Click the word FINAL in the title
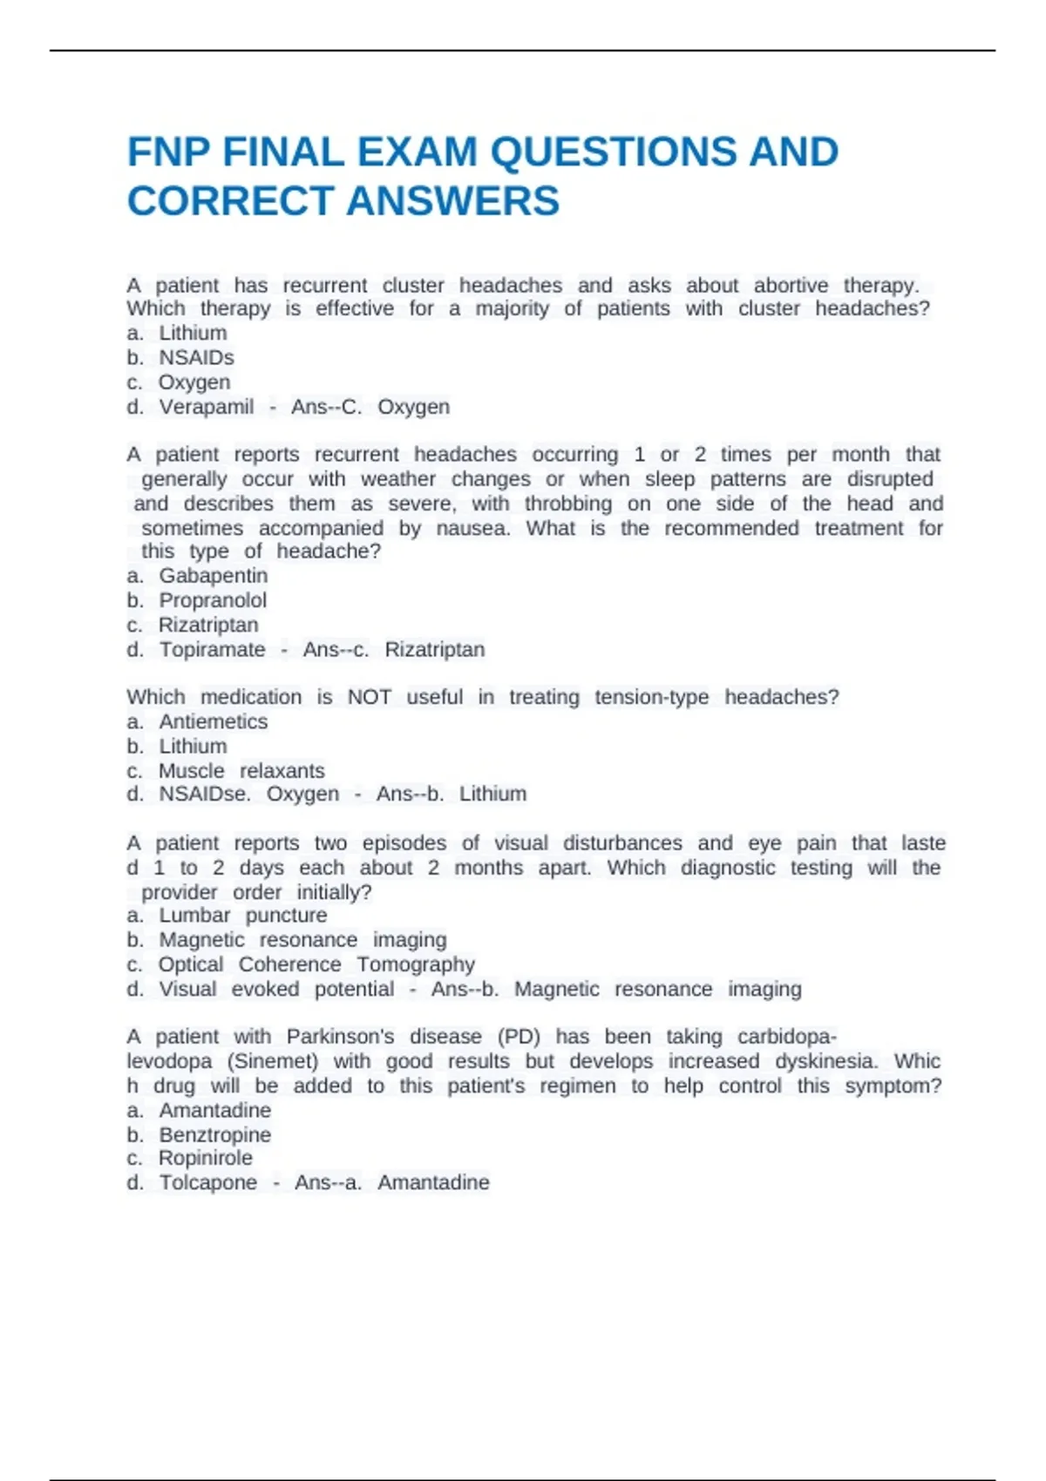pyautogui.click(x=283, y=152)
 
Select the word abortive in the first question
pyautogui.click(x=791, y=286)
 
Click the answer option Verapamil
pyautogui.click(x=207, y=407)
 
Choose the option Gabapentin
pyautogui.click(x=214, y=576)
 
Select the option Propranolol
pyautogui.click(x=213, y=600)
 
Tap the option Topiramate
pyautogui.click(x=212, y=649)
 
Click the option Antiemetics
pyautogui.click(x=214, y=721)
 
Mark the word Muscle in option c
pyautogui.click(x=191, y=771)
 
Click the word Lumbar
pyautogui.click(x=194, y=915)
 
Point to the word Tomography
pyautogui.click(x=416, y=964)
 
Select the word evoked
pyautogui.click(x=265, y=989)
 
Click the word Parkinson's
pyautogui.click(x=340, y=1037)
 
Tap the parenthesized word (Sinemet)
pyautogui.click(x=273, y=1061)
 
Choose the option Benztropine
pyautogui.click(x=214, y=1134)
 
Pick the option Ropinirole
pyautogui.click(x=206, y=1158)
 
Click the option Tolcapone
pyautogui.click(x=208, y=1182)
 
